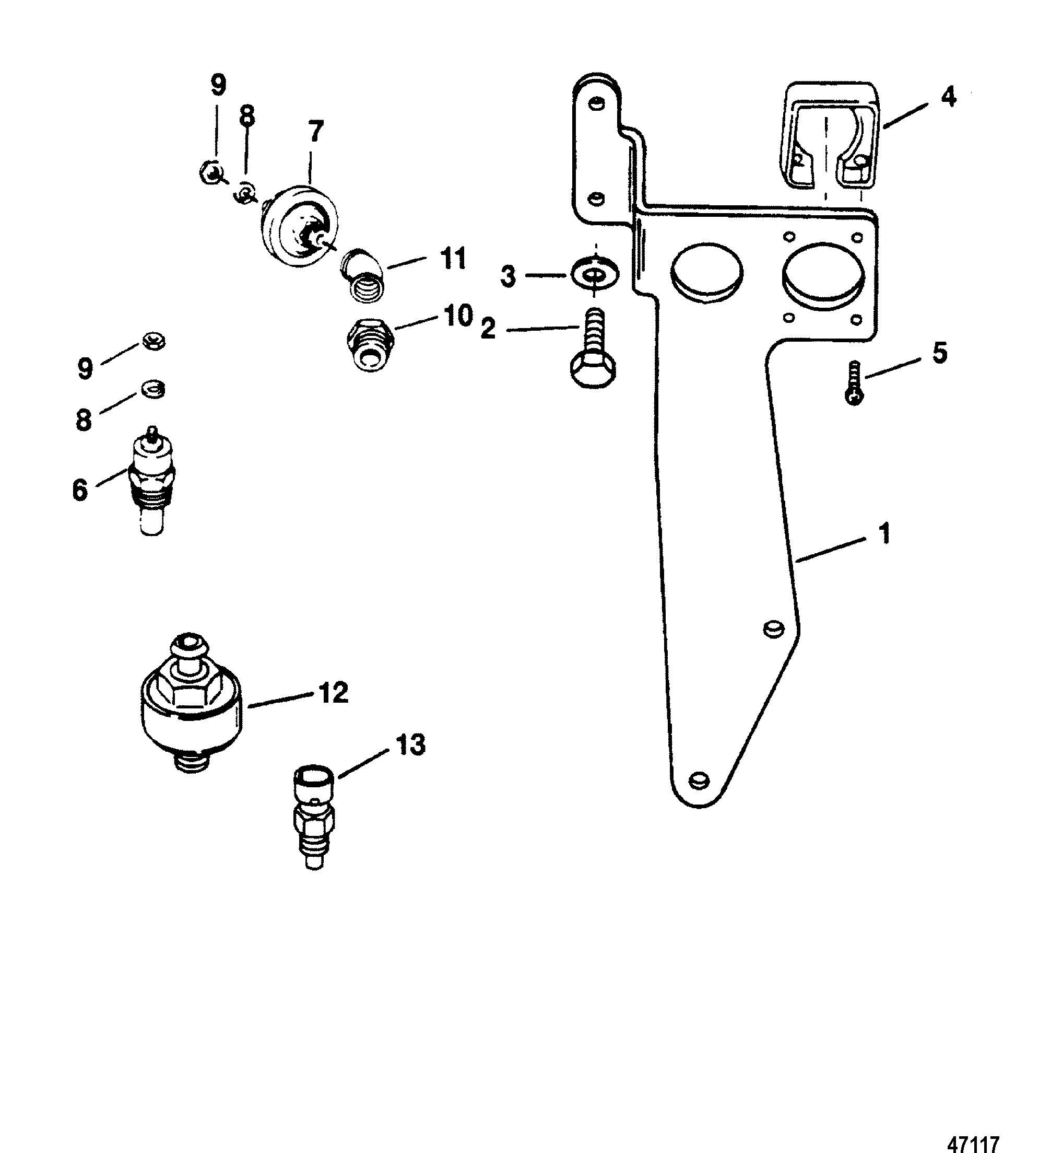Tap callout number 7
pyautogui.click(x=315, y=132)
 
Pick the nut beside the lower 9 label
pyautogui.click(x=153, y=343)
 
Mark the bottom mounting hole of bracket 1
pyautogui.click(x=698, y=780)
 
